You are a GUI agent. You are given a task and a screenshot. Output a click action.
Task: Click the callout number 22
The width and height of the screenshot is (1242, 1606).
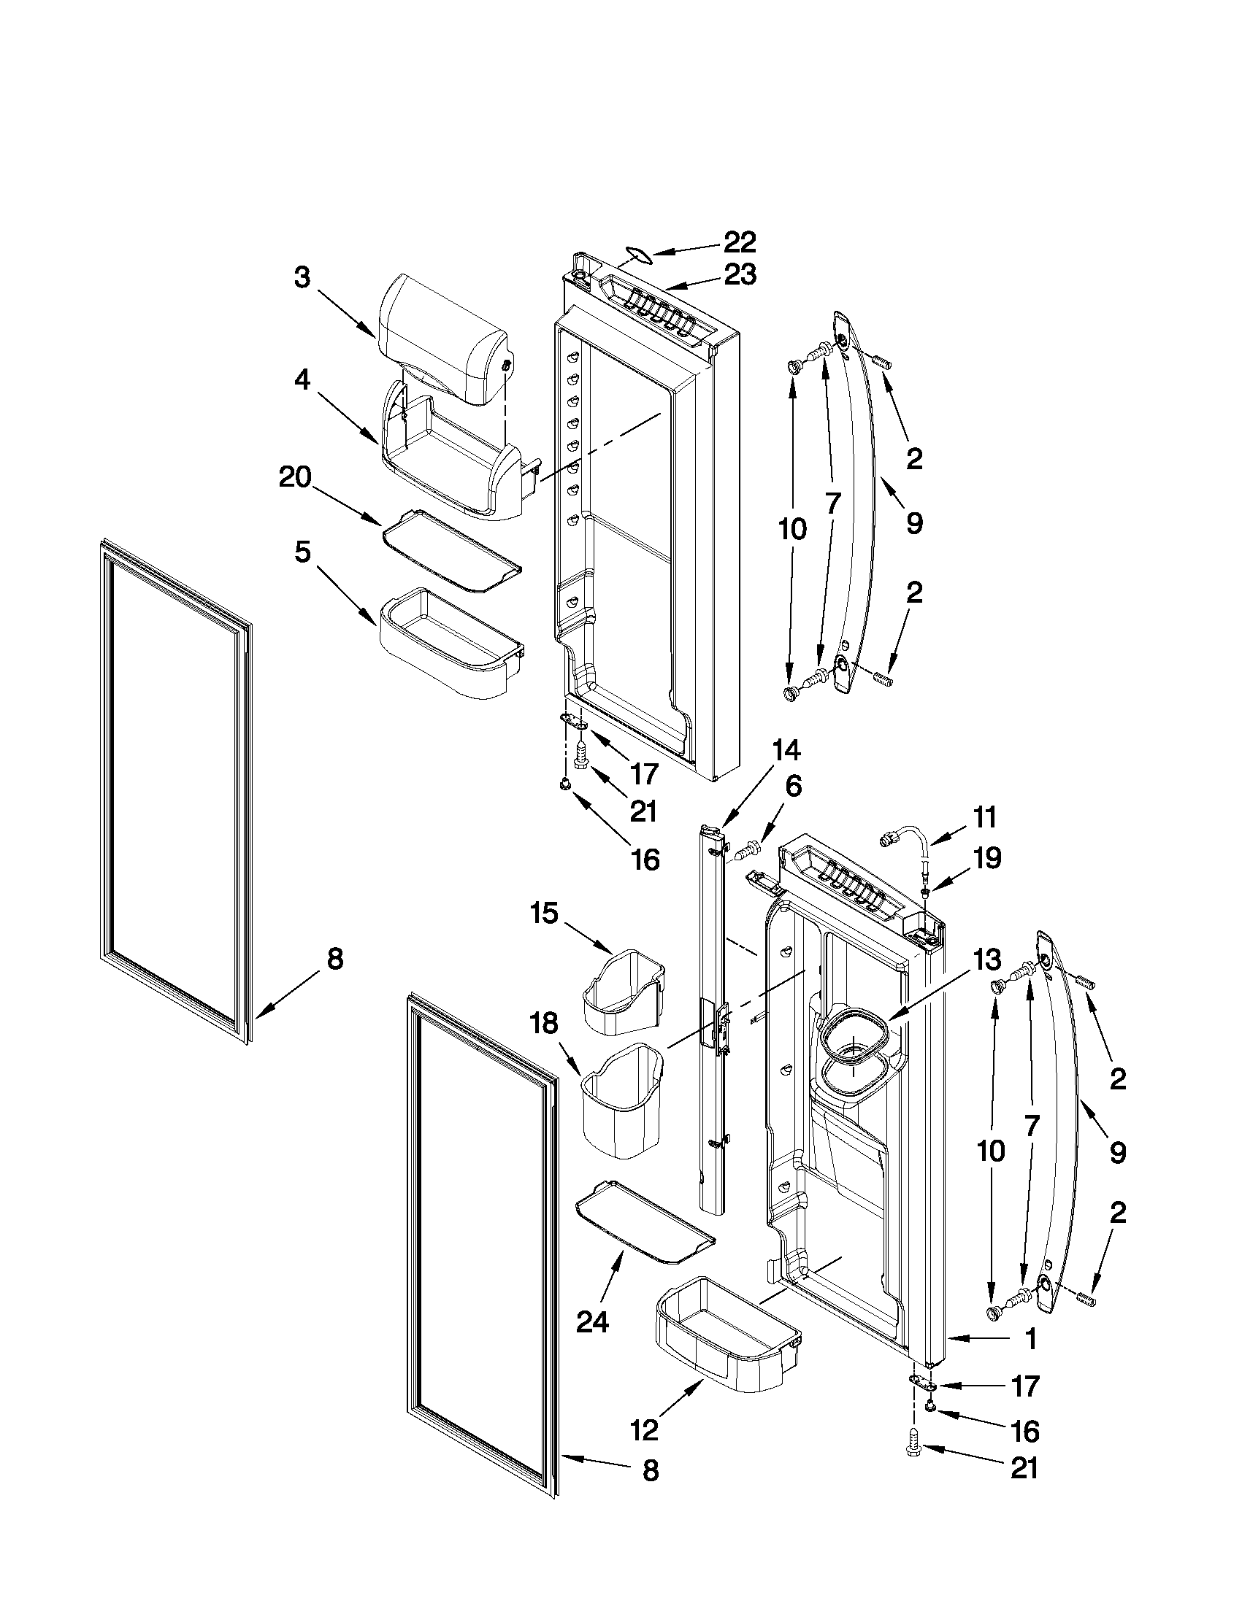(x=740, y=242)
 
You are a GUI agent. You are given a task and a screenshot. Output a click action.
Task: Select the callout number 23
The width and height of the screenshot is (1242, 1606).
(x=740, y=275)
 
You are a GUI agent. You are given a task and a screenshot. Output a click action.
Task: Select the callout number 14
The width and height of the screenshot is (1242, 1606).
(x=785, y=752)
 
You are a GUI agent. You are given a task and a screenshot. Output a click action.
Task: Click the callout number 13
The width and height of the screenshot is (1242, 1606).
(x=986, y=960)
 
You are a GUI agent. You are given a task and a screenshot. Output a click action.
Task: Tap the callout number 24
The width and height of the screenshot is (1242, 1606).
(x=592, y=1322)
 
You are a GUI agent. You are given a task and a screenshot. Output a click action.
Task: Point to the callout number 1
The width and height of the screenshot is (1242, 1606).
(x=1030, y=1339)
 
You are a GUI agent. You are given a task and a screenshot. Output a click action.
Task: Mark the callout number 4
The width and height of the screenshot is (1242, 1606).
(x=302, y=382)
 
